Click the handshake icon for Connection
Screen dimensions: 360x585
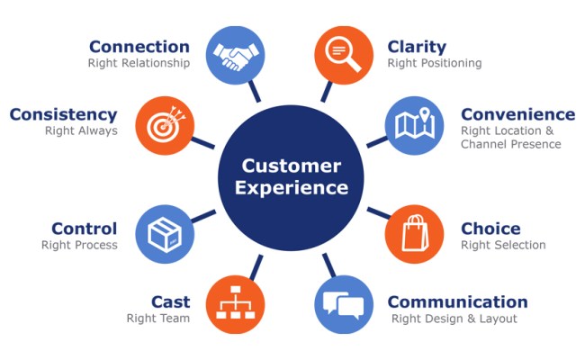[x=236, y=56]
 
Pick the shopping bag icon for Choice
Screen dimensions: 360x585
[x=415, y=233]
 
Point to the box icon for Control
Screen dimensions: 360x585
[x=165, y=233]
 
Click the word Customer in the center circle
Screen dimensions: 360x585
[x=291, y=166]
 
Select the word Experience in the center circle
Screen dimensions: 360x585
[x=291, y=189]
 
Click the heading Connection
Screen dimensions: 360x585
[x=139, y=47]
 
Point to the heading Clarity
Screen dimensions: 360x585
[x=418, y=47]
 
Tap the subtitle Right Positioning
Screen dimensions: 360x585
[x=435, y=64]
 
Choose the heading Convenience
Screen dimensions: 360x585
[x=517, y=114]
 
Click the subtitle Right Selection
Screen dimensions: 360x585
[x=503, y=245]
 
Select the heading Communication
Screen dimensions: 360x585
[x=457, y=301]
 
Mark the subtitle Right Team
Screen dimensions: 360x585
[x=157, y=319]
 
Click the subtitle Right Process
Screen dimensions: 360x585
[x=79, y=245]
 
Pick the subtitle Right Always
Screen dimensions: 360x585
[x=81, y=130]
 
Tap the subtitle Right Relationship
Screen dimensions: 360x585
[x=139, y=64]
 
